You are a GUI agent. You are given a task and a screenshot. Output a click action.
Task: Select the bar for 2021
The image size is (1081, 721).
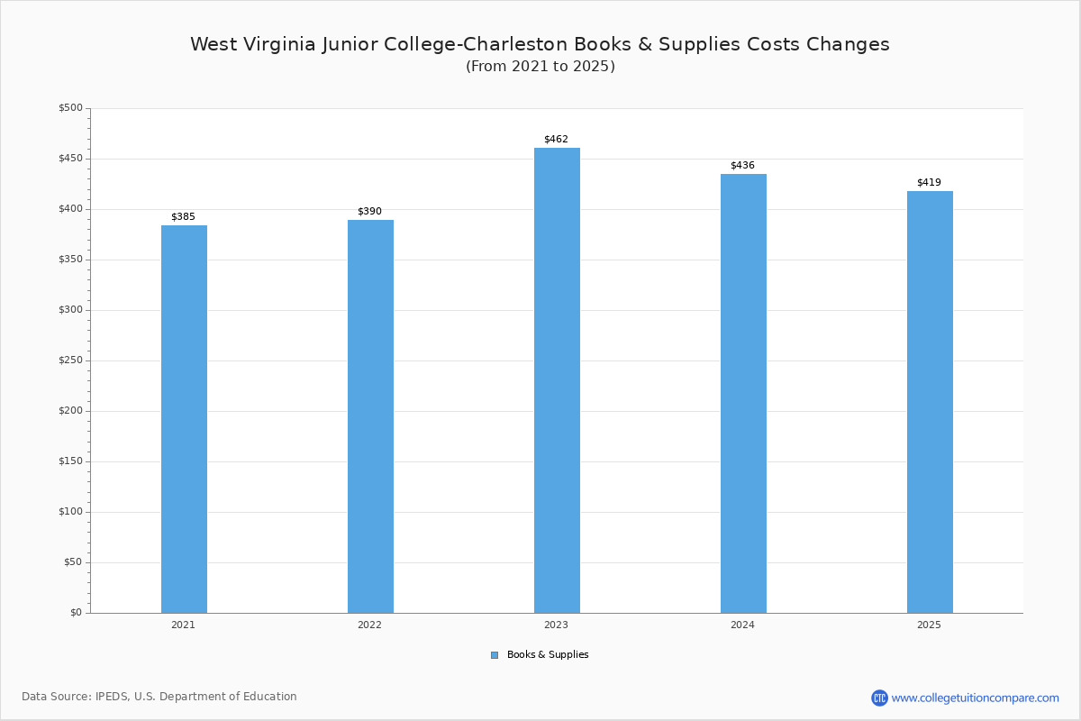[x=184, y=419]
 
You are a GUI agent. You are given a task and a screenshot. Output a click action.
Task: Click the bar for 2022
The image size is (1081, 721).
[x=370, y=416]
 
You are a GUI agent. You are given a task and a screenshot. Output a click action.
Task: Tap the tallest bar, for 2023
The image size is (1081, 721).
[x=557, y=380]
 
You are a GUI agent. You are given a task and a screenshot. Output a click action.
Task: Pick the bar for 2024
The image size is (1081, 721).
[x=743, y=393]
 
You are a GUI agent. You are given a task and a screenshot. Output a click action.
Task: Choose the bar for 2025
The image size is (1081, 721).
[x=930, y=402]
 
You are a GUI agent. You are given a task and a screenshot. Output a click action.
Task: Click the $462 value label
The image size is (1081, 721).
[x=556, y=140]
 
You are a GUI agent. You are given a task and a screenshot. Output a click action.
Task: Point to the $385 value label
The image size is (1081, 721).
[x=183, y=217]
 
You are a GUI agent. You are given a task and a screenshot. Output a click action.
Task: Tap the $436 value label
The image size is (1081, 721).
[x=742, y=166]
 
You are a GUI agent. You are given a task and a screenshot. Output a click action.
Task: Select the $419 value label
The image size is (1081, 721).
[x=929, y=183]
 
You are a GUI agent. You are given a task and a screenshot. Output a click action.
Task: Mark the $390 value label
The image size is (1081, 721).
[x=369, y=212]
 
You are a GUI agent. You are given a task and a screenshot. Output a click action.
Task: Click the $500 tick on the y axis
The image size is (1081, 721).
[x=70, y=108]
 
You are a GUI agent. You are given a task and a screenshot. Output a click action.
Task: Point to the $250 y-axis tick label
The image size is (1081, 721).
[x=70, y=360]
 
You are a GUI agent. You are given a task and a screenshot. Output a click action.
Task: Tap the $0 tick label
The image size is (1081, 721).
[x=76, y=613]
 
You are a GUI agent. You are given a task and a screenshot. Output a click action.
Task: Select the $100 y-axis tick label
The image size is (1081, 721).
[x=70, y=512]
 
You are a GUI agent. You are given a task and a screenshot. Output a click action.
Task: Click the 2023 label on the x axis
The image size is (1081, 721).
[x=556, y=625]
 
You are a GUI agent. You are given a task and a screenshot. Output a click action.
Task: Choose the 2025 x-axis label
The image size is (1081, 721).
[x=929, y=625]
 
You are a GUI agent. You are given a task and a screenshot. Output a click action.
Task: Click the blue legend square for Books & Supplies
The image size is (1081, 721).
[x=495, y=655]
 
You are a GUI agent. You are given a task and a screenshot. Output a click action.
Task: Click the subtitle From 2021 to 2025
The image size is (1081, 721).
[x=540, y=67]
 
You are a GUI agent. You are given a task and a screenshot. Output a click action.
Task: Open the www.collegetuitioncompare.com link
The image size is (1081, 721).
[x=975, y=698]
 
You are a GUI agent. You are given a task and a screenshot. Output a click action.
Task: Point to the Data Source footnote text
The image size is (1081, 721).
[x=159, y=697]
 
